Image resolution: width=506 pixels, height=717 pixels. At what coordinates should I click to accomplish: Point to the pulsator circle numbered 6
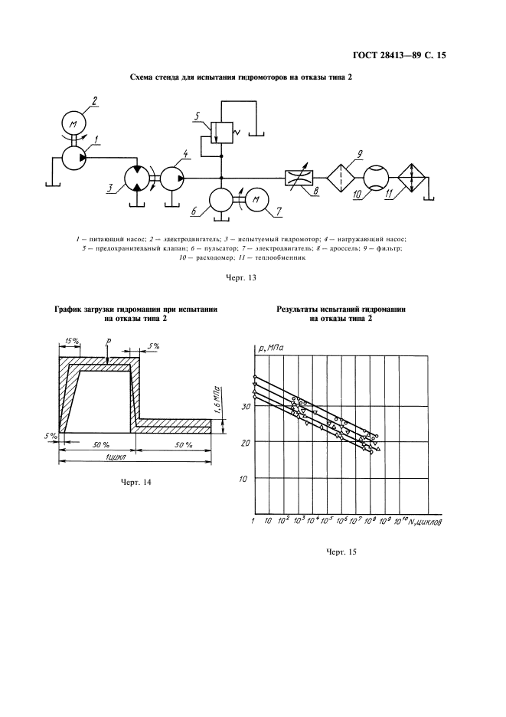222,201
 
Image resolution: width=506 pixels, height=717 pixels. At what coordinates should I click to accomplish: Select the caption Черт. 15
341,551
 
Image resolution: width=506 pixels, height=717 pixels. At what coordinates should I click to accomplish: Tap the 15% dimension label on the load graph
73,340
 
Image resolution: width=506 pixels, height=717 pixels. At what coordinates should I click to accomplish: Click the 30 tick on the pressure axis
246,407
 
